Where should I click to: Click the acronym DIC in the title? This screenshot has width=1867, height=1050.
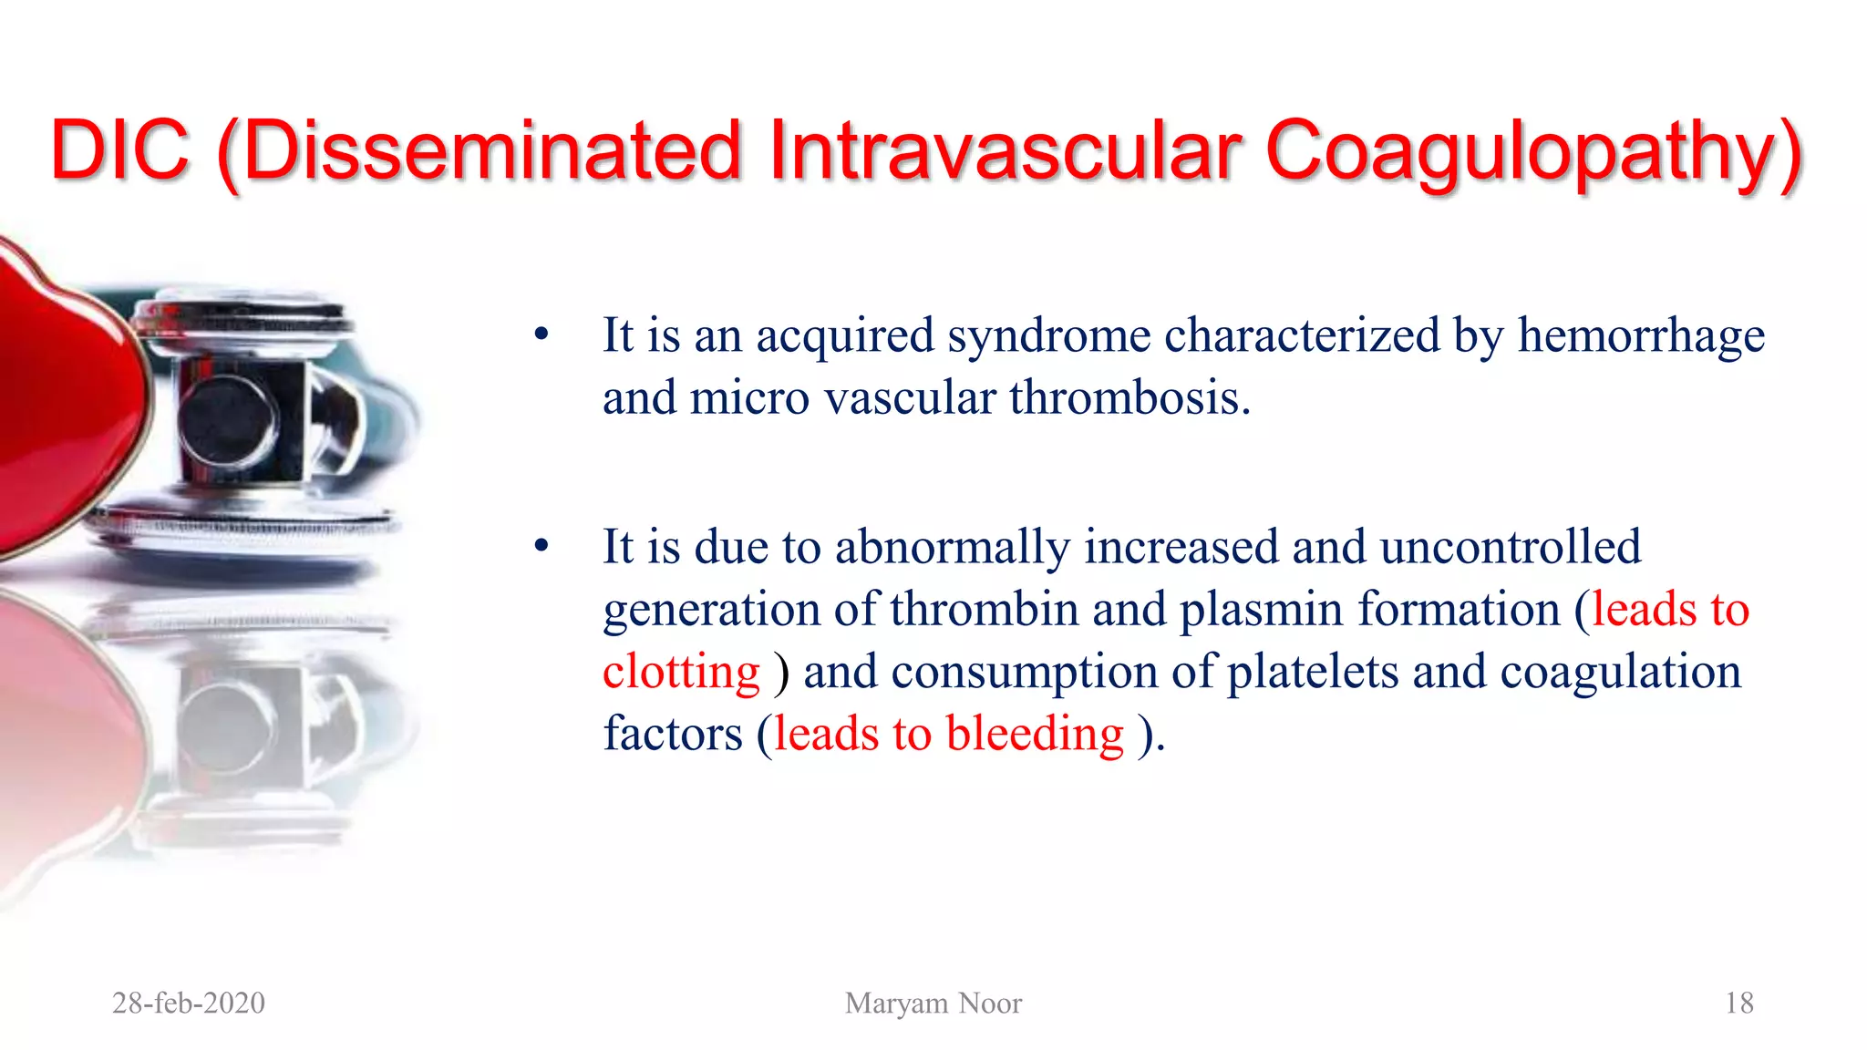click(x=120, y=150)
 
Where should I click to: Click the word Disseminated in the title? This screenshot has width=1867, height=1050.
click(x=492, y=150)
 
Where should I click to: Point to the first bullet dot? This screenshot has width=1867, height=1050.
click(x=542, y=335)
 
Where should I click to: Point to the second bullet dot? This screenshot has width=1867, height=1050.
click(x=542, y=547)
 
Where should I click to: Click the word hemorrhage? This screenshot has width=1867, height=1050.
click(x=1641, y=335)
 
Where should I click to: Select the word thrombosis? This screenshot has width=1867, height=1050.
click(x=1129, y=398)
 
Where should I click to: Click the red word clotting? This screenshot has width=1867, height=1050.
click(x=681, y=672)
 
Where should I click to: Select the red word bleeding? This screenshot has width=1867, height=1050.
click(x=1035, y=734)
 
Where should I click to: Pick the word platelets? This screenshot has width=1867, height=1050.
click(x=1313, y=672)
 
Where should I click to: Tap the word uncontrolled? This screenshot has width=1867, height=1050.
click(x=1511, y=547)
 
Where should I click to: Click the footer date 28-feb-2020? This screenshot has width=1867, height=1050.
click(x=189, y=1003)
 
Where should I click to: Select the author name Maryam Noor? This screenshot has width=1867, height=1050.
click(x=933, y=1003)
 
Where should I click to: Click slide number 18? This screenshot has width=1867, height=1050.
click(x=1738, y=1003)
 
